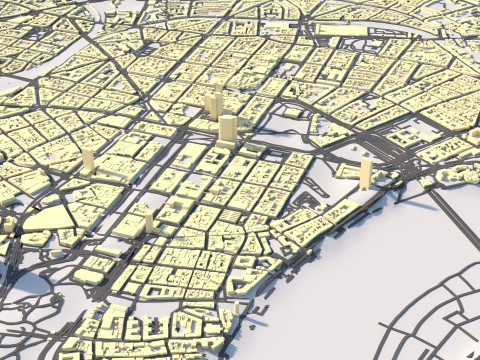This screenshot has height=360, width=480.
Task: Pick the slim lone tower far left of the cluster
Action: (88, 161)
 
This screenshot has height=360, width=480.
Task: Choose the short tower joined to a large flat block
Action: (149, 219)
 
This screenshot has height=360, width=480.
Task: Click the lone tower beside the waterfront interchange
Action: (365, 171)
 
